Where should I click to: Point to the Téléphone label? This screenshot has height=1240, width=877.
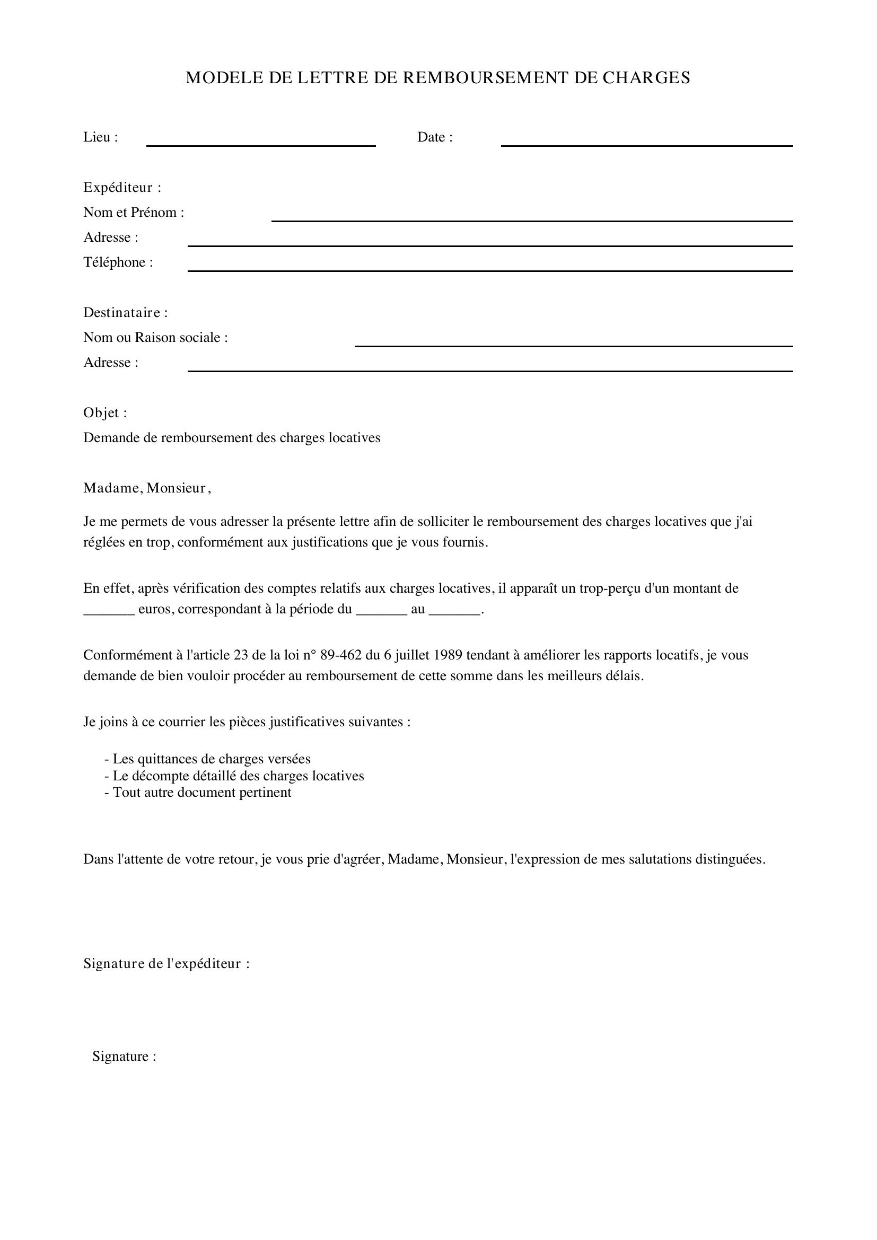pos(118,262)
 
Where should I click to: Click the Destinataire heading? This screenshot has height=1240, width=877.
pos(125,313)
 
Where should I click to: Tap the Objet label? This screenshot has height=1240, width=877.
pos(105,412)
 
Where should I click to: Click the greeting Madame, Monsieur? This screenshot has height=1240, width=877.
pos(146,488)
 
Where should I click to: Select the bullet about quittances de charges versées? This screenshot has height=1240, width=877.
pos(208,759)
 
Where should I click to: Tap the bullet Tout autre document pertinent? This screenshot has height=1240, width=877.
pos(198,792)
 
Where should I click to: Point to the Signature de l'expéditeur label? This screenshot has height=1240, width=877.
pos(166,963)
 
